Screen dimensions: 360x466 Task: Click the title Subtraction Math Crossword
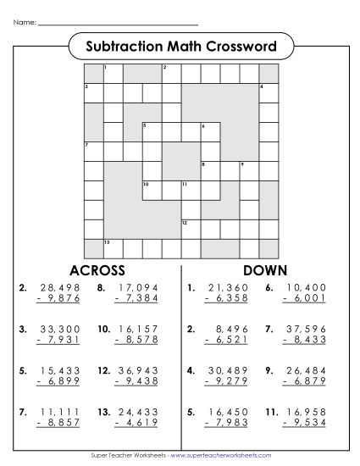click(180, 46)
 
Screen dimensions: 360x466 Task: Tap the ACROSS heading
click(97, 270)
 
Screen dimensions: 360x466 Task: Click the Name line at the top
click(119, 23)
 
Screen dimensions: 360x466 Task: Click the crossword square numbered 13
click(111, 247)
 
